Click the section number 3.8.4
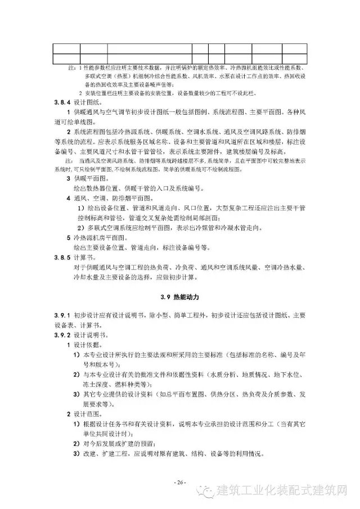[x=61, y=103]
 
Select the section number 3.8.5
[x=61, y=257]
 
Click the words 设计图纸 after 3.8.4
[x=85, y=103]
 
